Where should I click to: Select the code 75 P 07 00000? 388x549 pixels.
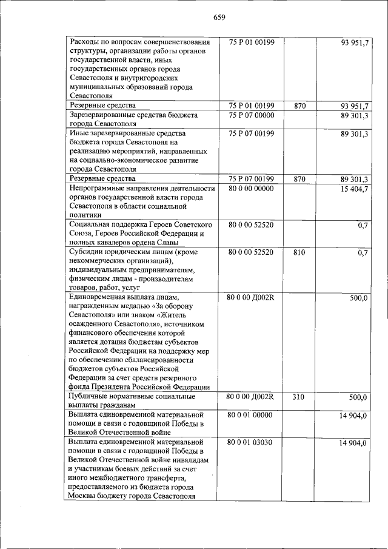252,114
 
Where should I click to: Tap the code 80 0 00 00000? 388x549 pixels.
252,189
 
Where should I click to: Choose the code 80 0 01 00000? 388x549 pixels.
252,415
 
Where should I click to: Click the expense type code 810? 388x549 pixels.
299,251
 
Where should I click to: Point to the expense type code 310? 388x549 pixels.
299,397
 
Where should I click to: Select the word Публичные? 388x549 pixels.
90,397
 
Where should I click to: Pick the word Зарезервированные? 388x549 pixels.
105,114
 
